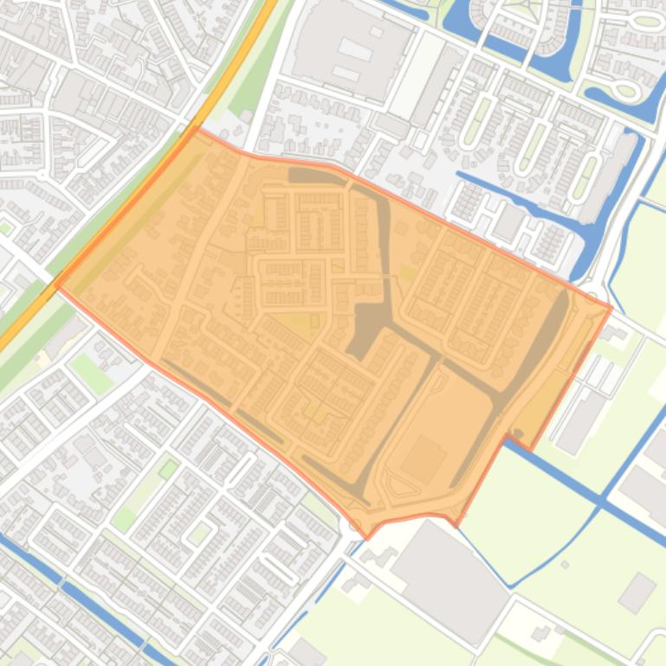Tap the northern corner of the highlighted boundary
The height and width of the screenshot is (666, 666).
197,129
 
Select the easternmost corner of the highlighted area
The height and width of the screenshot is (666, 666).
611,307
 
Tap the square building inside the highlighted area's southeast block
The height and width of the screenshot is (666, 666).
424,458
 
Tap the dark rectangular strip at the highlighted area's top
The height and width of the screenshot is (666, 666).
316,176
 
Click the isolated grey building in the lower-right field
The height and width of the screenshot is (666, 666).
637,592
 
